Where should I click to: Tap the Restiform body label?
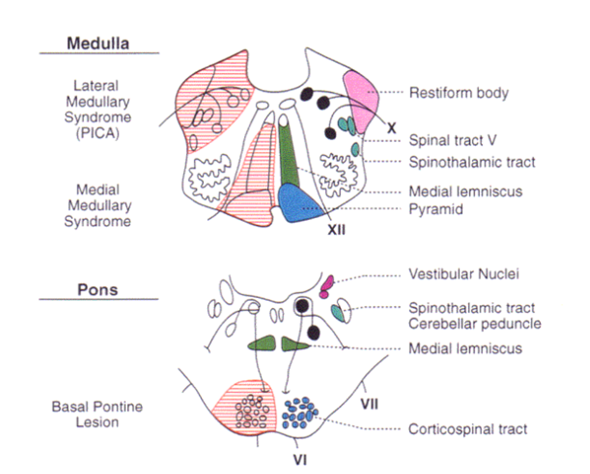pyautogui.click(x=458, y=93)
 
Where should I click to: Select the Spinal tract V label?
pyautogui.click(x=453, y=141)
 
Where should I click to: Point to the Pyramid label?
pyautogui.click(x=436, y=210)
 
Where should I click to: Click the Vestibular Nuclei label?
pyautogui.click(x=463, y=274)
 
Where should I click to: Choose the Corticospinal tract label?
pyautogui.click(x=468, y=429)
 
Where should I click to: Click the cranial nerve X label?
pyautogui.click(x=390, y=128)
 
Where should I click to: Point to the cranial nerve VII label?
pyautogui.click(x=369, y=405)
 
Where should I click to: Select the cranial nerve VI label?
pyautogui.click(x=300, y=460)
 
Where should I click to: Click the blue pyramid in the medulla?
pyautogui.click(x=300, y=202)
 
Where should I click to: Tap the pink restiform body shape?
pyautogui.click(x=361, y=99)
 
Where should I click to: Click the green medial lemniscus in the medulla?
pyautogui.click(x=288, y=154)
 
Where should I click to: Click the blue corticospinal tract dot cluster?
pyautogui.click(x=300, y=412)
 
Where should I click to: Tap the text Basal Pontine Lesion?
pyautogui.click(x=97, y=415)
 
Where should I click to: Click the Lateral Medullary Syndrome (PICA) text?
pyautogui.click(x=97, y=109)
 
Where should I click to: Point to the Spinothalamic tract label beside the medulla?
pyautogui.click(x=472, y=162)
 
